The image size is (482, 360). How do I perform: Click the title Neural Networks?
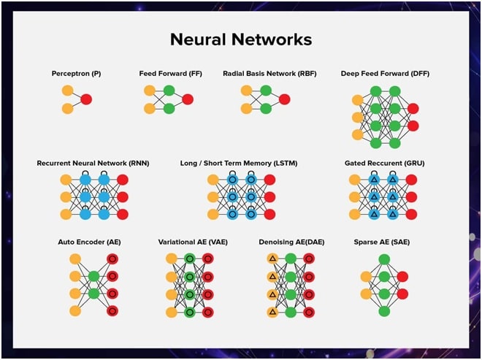(x=240, y=39)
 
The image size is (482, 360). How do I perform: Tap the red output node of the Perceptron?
(x=86, y=99)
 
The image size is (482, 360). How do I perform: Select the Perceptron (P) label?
(x=76, y=74)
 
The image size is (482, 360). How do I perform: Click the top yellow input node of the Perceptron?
(x=67, y=91)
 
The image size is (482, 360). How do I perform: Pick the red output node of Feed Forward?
(x=188, y=99)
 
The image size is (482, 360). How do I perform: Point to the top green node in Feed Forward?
(x=169, y=91)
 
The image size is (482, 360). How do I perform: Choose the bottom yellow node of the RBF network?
(x=247, y=108)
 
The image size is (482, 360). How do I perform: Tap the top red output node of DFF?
(x=413, y=109)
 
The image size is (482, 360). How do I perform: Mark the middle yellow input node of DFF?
(x=357, y=118)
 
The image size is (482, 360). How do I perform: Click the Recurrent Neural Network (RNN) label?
(x=93, y=164)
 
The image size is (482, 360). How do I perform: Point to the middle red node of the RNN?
(x=123, y=197)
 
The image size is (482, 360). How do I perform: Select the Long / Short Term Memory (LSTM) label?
(x=238, y=164)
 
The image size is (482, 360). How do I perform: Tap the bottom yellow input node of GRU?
(x=354, y=214)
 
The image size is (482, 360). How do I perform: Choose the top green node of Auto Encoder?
(x=93, y=276)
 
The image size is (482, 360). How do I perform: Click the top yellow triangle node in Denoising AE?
(x=272, y=258)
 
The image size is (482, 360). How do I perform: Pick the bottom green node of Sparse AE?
(x=384, y=311)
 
